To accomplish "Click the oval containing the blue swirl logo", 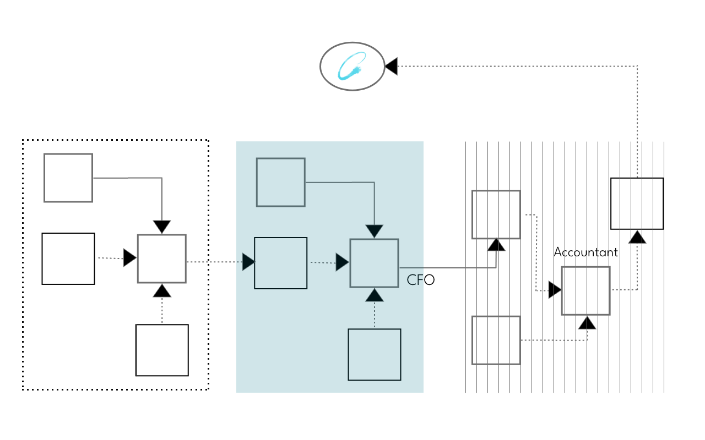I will (x=352, y=67).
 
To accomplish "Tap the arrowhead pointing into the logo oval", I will (x=391, y=67).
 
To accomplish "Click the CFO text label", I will (x=421, y=280).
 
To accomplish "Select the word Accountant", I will (x=585, y=252).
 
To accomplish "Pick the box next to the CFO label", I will (x=374, y=263).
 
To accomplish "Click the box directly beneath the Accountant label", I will (x=585, y=290).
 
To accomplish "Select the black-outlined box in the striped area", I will (x=637, y=204).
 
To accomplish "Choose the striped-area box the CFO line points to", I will (x=496, y=215).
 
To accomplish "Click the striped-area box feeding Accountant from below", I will (x=496, y=340).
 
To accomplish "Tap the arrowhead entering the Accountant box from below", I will (x=587, y=322).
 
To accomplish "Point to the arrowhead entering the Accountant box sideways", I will (x=555, y=290).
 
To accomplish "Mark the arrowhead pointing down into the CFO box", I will (x=374, y=232).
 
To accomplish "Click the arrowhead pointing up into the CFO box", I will (x=374, y=295).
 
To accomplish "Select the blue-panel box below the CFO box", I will (x=374, y=354).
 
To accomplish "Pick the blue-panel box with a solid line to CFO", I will (x=280, y=182).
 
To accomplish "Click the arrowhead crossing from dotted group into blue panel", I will (x=248, y=262).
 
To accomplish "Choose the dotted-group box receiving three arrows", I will (x=161, y=258).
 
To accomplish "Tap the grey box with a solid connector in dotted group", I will (x=68, y=178).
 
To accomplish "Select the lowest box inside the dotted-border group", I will (x=162, y=350).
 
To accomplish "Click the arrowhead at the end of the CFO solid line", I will (x=496, y=244).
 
